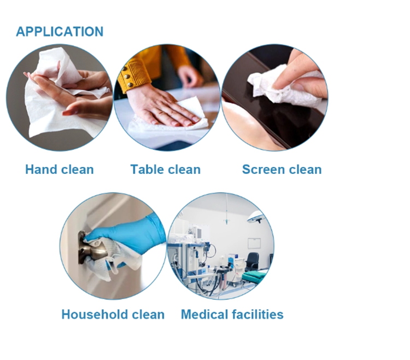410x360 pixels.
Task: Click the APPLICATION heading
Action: [x=59, y=32]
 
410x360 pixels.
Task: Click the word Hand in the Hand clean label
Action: [x=42, y=170]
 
